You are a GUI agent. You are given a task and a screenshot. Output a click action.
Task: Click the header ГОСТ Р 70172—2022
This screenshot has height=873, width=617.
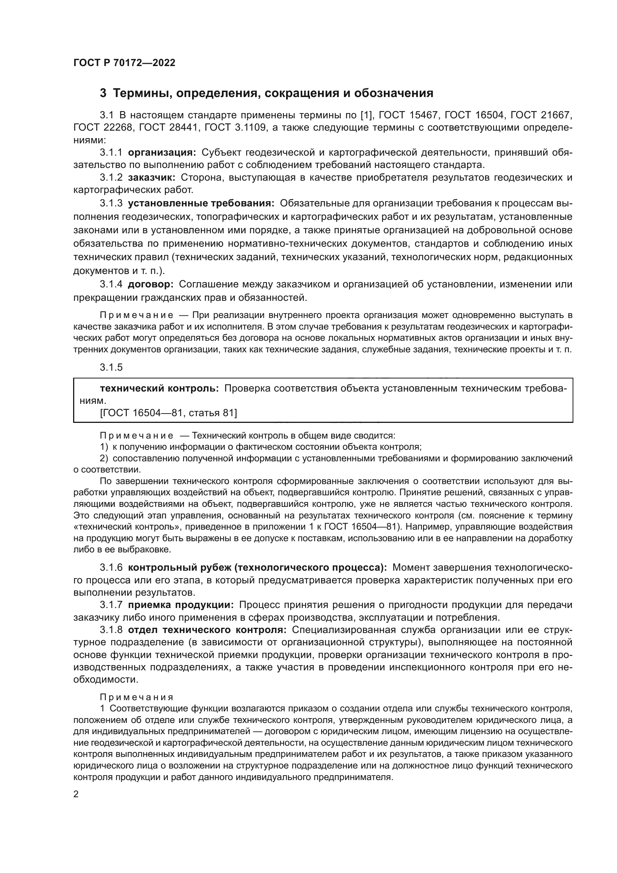point(124,63)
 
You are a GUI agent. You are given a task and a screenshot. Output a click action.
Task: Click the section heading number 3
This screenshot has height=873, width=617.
point(103,93)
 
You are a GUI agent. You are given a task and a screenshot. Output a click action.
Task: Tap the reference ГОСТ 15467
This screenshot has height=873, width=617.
point(408,115)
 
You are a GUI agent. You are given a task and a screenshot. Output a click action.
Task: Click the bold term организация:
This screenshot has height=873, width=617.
point(162,153)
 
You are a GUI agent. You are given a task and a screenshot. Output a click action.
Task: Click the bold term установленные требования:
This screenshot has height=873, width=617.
point(201,203)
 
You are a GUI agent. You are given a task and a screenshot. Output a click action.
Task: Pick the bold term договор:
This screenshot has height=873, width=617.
point(150,284)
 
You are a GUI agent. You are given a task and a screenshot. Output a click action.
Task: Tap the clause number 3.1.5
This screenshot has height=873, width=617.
point(111,367)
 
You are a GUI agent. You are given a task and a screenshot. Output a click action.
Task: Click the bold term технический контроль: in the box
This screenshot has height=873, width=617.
point(159,388)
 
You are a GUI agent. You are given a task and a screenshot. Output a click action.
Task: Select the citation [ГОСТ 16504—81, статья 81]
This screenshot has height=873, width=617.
point(168,413)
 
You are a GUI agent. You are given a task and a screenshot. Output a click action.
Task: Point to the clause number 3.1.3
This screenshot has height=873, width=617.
point(111,203)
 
